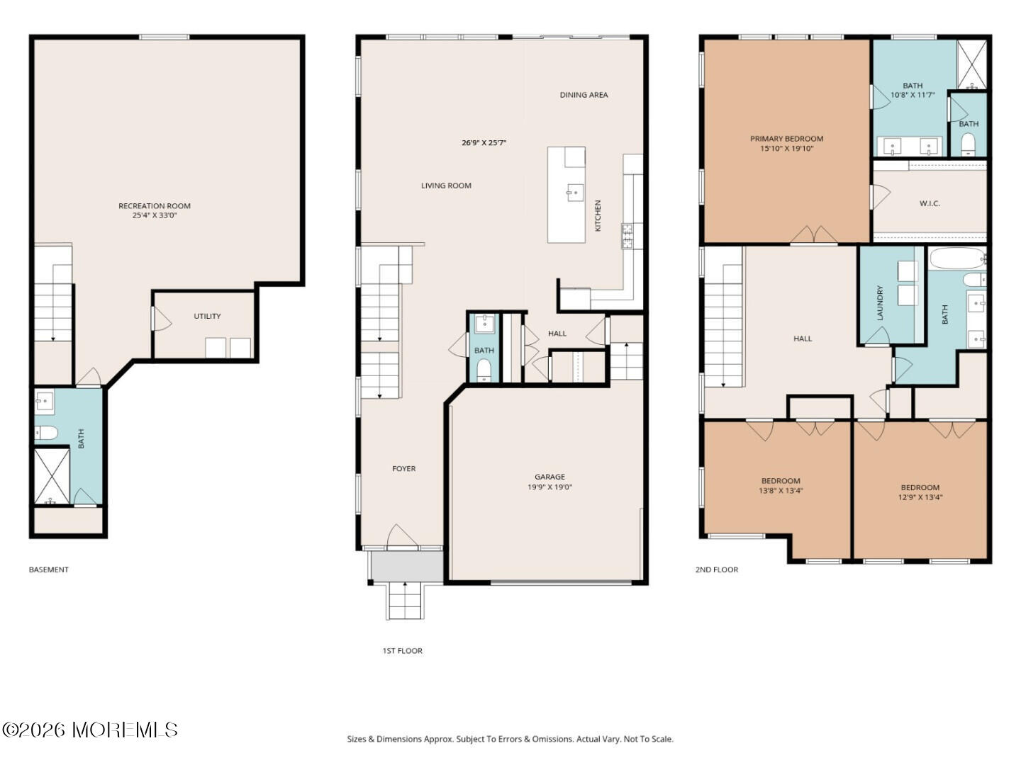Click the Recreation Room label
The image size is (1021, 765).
click(x=155, y=205)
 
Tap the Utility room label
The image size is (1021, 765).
click(x=207, y=316)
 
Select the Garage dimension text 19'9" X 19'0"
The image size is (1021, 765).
click(x=549, y=487)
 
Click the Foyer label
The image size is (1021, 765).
click(x=403, y=469)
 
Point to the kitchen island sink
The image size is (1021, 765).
click(x=575, y=192)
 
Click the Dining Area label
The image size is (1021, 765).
click(x=584, y=95)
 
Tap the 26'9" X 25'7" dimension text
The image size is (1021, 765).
click(x=484, y=142)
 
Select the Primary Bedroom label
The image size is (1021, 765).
click(x=786, y=138)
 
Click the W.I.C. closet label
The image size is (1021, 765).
click(x=930, y=203)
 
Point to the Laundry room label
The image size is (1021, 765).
click(x=879, y=303)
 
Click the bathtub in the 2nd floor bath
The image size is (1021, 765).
click(x=957, y=259)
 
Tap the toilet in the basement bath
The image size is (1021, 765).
click(x=46, y=433)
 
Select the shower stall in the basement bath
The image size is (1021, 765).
click(x=52, y=475)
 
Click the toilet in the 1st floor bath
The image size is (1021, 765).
click(x=484, y=370)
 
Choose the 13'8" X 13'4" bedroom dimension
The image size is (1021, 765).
click(x=781, y=490)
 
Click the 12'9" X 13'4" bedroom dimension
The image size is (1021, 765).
click(x=920, y=497)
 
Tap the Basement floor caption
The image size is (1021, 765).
click(x=49, y=569)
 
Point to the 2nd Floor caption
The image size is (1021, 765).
click(x=716, y=569)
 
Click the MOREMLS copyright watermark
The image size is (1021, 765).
click(x=90, y=730)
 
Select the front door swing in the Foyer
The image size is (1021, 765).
click(x=402, y=535)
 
